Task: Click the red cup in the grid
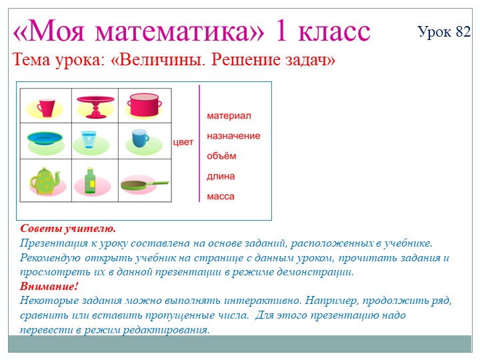45,107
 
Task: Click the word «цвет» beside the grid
183,142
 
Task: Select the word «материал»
229,115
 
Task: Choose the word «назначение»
233,135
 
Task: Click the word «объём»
221,156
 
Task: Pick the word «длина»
221,177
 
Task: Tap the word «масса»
221,197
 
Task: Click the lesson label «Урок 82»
444,32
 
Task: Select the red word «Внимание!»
49,286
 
